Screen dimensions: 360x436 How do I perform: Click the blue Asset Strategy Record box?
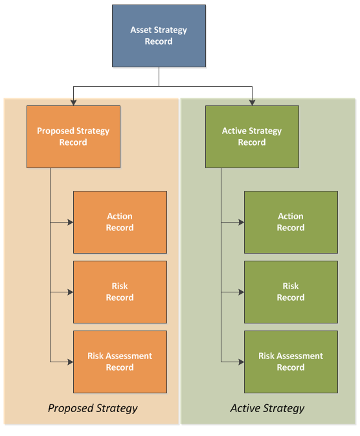pyautogui.click(x=159, y=36)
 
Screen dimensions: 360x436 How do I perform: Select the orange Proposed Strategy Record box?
pyautogui.click(x=74, y=136)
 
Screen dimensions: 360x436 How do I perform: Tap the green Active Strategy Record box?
pyautogui.click(x=253, y=136)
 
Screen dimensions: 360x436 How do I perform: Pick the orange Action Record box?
pyautogui.click(x=120, y=222)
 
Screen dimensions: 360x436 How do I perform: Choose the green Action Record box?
pyautogui.click(x=291, y=222)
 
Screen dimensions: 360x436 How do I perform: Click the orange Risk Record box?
pyautogui.click(x=120, y=292)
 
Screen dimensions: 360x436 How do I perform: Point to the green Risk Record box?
pyautogui.click(x=291, y=292)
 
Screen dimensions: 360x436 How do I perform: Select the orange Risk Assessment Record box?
pyautogui.click(x=120, y=362)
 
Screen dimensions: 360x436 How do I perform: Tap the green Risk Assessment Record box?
pyautogui.click(x=291, y=362)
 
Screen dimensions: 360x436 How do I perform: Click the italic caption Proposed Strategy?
pyautogui.click(x=93, y=408)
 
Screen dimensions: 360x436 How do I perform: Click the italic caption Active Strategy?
pyautogui.click(x=267, y=408)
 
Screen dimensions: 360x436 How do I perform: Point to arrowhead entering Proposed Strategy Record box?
pyautogui.click(x=74, y=103)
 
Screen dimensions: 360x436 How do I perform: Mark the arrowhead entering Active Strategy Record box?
pyautogui.click(x=253, y=103)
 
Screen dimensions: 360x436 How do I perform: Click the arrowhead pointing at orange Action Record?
pyautogui.click(x=71, y=222)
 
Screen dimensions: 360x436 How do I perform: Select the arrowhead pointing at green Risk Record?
pyautogui.click(x=242, y=292)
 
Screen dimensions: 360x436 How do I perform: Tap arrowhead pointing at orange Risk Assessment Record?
pyautogui.click(x=71, y=362)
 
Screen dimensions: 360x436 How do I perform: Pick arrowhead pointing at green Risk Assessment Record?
pyautogui.click(x=242, y=362)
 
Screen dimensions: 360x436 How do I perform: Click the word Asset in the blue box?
pyautogui.click(x=141, y=30)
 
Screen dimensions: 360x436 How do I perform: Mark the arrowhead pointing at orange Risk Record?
pyautogui.click(x=71, y=292)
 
